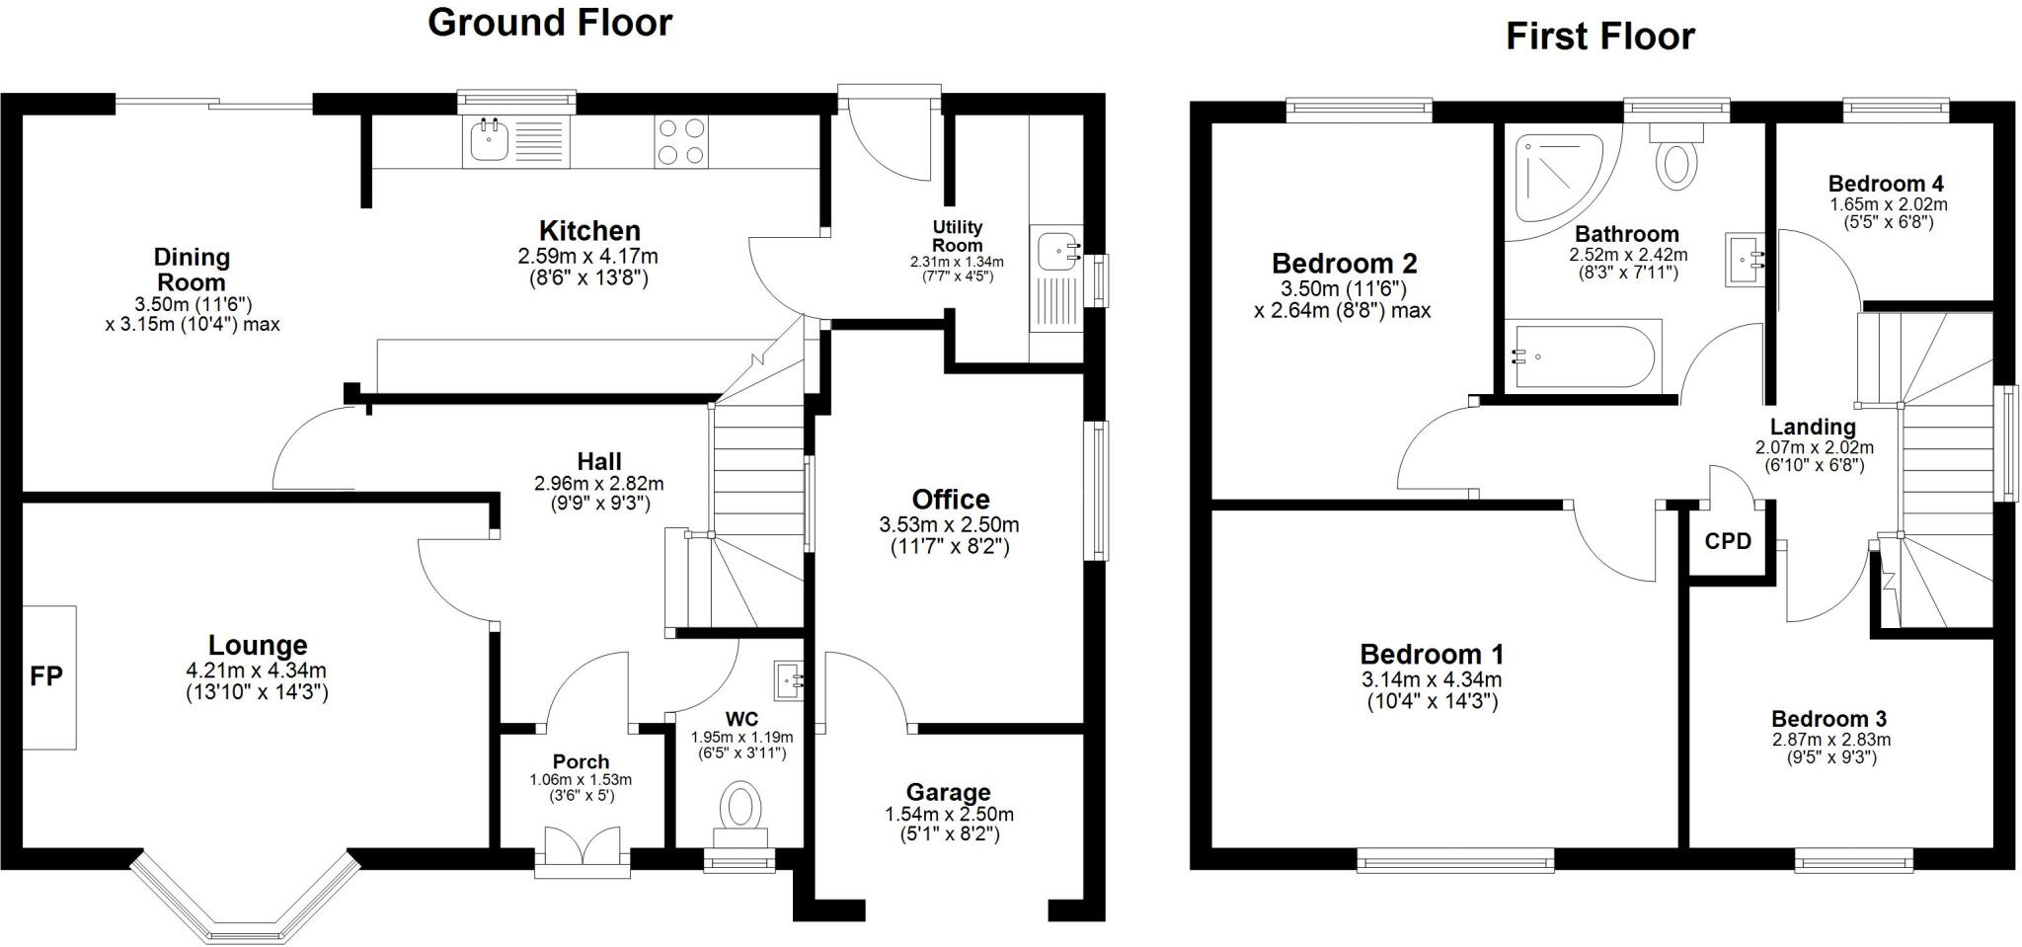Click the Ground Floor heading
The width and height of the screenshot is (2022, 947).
[x=550, y=22]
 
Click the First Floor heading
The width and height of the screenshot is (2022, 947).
[x=1599, y=37]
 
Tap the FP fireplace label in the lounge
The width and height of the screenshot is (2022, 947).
[x=46, y=676]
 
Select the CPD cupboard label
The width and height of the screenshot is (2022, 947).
[x=1728, y=541]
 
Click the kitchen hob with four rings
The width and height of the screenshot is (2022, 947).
[x=681, y=141]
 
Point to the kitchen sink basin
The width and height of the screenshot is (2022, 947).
[x=488, y=141]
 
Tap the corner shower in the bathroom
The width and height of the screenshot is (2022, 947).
[x=1560, y=178]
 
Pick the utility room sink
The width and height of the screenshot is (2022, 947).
[x=1056, y=252]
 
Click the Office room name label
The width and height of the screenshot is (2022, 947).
[x=950, y=500]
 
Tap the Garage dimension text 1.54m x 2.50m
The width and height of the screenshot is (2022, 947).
[x=948, y=815]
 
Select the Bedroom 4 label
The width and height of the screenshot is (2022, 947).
[x=1886, y=184]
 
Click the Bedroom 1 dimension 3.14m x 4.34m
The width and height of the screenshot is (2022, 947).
[x=1432, y=679]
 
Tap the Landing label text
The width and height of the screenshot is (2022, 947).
[x=1813, y=428]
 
